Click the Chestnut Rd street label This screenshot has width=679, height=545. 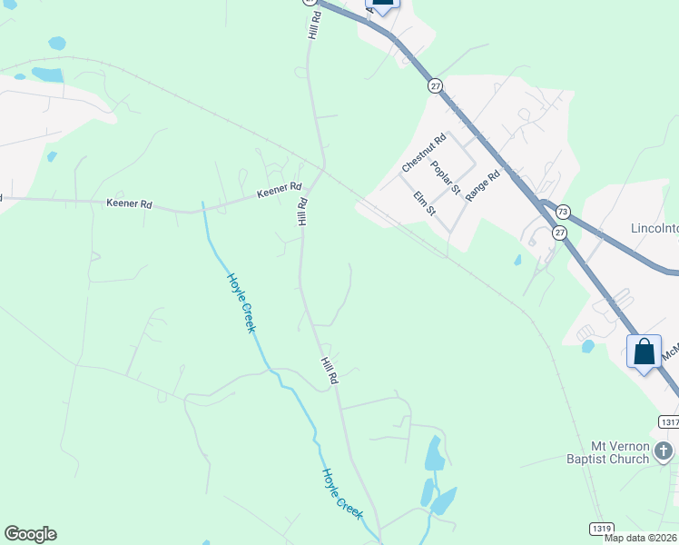[424, 152]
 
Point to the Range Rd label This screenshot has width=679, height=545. [482, 186]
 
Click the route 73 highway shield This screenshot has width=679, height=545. [563, 210]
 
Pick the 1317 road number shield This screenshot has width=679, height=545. [667, 422]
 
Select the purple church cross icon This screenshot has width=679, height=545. [664, 450]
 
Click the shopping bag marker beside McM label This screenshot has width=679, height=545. [644, 352]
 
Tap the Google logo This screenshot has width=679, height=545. [30, 534]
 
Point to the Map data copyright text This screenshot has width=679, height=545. [641, 538]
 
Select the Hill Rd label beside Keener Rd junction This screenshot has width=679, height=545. [302, 212]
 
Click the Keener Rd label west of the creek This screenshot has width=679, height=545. [129, 204]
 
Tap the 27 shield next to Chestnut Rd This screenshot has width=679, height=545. [436, 84]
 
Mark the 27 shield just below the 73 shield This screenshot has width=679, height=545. [559, 233]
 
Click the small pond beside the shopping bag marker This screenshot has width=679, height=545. [588, 345]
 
